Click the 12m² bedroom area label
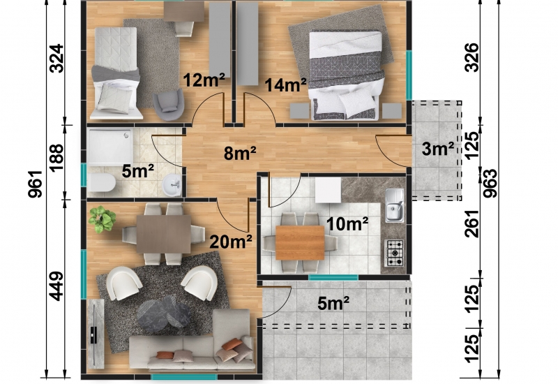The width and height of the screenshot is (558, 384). click(x=204, y=80)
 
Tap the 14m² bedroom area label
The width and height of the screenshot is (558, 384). click(x=285, y=84)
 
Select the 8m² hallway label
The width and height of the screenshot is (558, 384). click(x=240, y=153)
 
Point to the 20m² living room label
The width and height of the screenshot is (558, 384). click(x=231, y=242)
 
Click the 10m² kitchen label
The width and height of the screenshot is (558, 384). click(x=347, y=223)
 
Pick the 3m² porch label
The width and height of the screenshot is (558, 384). click(x=438, y=149)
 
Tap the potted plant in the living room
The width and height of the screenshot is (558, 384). click(x=102, y=219)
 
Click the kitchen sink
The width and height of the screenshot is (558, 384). click(x=394, y=205)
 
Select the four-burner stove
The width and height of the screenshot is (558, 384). click(x=395, y=253)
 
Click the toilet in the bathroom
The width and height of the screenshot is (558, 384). click(x=102, y=183)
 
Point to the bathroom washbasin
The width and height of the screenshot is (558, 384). click(x=172, y=184)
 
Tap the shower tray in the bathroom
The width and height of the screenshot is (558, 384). click(x=110, y=147)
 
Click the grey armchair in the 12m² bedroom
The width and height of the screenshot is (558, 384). click(x=168, y=105)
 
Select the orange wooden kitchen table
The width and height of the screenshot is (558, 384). click(x=300, y=242)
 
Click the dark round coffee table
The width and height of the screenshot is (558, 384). click(x=164, y=313)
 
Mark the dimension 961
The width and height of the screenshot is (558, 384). click(x=36, y=184)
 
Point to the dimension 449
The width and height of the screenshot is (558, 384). click(x=56, y=286)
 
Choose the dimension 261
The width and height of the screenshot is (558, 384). click(x=473, y=223)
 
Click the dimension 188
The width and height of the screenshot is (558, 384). click(x=56, y=158)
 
